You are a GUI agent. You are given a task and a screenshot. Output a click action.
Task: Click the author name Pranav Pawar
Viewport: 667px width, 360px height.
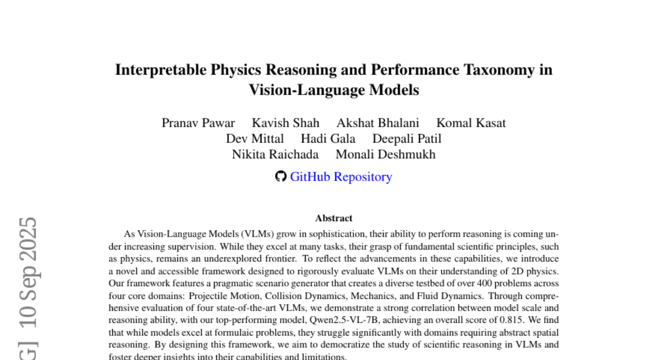198,123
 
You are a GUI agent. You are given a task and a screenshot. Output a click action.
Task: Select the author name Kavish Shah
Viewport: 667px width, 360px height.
286,123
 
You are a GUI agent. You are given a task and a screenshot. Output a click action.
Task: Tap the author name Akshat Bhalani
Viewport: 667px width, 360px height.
378,123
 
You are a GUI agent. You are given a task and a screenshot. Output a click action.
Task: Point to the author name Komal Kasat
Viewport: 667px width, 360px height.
471,123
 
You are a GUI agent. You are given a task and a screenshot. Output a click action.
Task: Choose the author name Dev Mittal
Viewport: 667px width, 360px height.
255,138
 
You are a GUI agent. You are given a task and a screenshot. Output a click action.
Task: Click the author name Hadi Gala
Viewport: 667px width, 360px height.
328,138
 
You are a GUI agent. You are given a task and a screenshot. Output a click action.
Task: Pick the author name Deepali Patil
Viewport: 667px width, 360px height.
407,138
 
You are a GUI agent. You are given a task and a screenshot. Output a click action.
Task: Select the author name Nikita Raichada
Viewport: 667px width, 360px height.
275,154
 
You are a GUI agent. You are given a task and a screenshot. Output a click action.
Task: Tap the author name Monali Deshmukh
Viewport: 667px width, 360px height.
386,154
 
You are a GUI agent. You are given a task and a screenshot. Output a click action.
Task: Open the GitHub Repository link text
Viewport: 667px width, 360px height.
341,177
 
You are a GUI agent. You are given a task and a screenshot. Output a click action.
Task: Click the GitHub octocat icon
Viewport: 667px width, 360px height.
281,177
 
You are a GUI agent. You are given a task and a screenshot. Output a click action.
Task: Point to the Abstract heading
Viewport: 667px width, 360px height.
333,218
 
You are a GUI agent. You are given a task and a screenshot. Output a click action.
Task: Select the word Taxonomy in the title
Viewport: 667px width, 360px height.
500,70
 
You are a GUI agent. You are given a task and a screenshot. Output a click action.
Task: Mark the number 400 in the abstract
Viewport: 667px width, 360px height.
485,283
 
